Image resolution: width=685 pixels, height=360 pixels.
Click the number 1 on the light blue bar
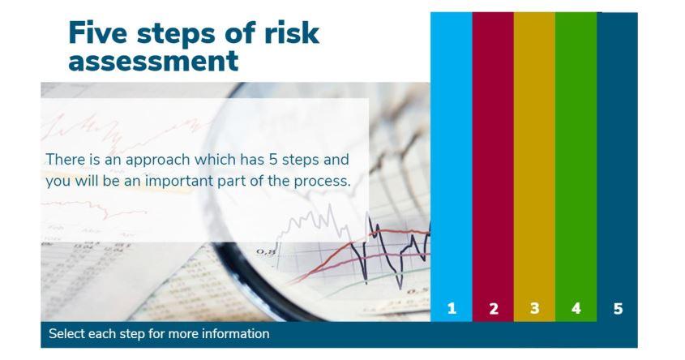click(x=452, y=308)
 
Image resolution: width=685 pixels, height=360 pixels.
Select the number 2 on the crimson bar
click(x=494, y=308)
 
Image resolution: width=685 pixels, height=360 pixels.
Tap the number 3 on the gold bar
click(x=535, y=308)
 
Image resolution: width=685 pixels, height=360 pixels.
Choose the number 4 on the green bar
click(x=576, y=308)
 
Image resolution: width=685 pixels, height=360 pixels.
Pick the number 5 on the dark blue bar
click(x=618, y=308)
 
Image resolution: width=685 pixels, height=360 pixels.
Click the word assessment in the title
click(x=153, y=61)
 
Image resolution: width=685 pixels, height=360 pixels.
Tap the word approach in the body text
click(x=158, y=161)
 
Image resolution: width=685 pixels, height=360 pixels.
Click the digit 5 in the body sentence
click(x=273, y=160)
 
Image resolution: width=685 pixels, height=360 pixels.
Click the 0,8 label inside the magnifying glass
click(x=266, y=252)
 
